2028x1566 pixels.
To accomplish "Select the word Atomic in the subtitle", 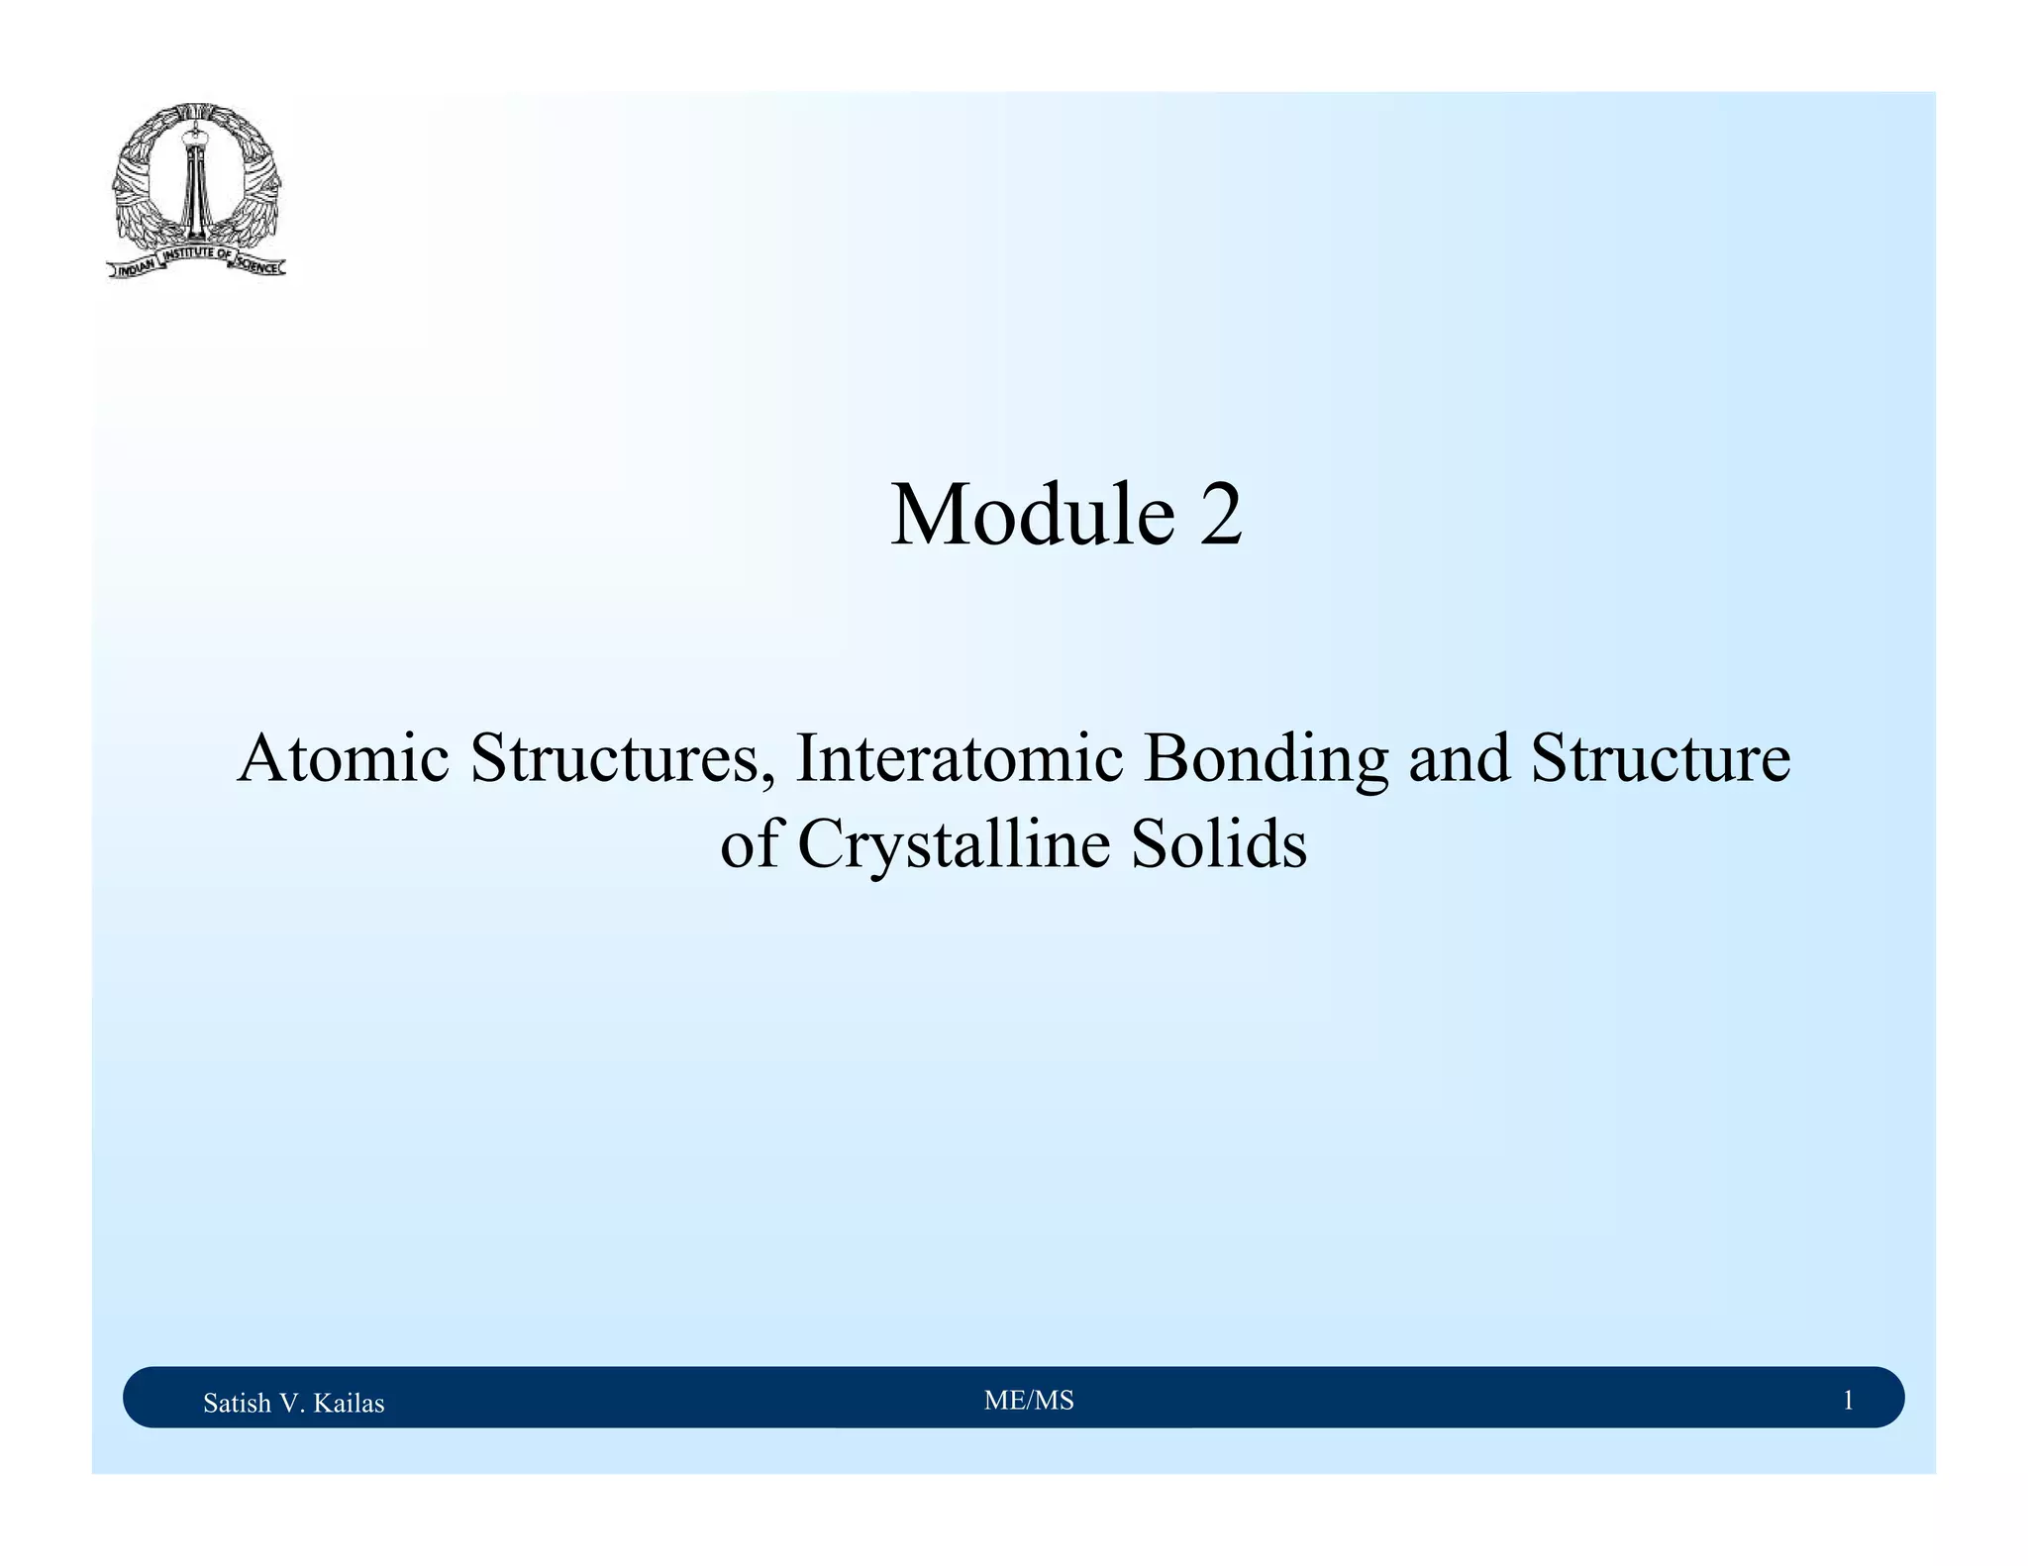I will point(343,758).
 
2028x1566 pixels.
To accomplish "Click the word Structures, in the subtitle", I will point(623,758).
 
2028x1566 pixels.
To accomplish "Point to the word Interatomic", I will point(959,758).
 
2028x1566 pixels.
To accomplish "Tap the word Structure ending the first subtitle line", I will point(1661,758).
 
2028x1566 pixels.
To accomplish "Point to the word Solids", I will point(1219,845).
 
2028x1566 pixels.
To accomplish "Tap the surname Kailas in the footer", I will point(349,1403).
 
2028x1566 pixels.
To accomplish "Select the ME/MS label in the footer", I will point(1029,1400).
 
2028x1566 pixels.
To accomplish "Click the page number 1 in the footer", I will point(1847,1400).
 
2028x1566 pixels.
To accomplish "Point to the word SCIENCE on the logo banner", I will point(259,264).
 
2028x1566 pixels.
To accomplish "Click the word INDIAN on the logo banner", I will point(133,268).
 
